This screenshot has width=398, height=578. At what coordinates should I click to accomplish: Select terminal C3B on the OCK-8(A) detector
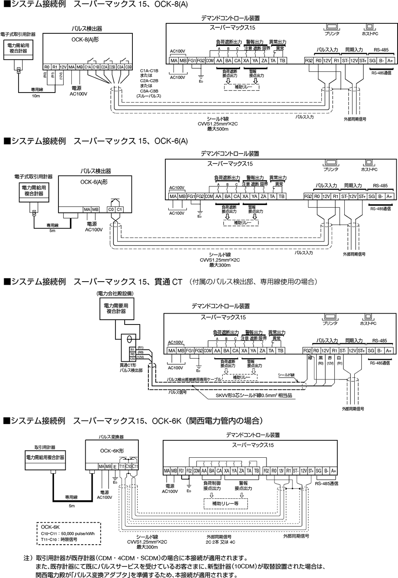point(128,67)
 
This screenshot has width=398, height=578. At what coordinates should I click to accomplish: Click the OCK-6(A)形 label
point(93,183)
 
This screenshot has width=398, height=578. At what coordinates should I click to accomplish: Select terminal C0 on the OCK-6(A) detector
point(110,209)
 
